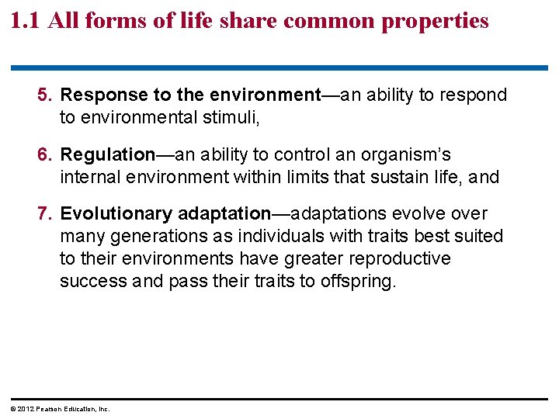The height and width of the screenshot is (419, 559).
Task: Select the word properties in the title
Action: click(x=436, y=21)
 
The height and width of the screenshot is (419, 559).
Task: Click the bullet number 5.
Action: click(x=45, y=95)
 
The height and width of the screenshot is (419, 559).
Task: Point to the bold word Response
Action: click(x=102, y=95)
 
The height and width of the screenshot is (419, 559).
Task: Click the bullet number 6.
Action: click(x=45, y=154)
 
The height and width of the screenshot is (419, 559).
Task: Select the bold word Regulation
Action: click(x=108, y=154)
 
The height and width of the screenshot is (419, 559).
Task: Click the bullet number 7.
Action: click(x=45, y=213)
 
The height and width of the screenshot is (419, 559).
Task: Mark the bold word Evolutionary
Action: click(x=116, y=213)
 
